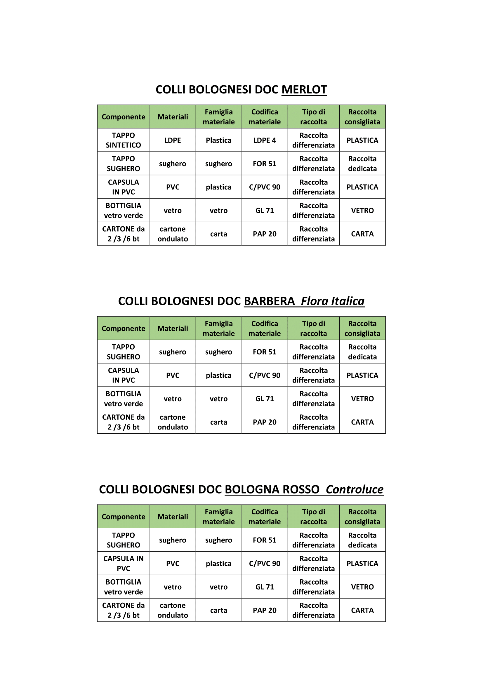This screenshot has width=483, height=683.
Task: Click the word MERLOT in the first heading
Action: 304,90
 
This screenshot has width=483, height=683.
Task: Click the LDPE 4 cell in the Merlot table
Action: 264,140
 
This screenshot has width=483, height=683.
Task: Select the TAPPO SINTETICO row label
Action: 124,140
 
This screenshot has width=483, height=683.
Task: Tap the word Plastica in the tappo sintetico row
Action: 219,140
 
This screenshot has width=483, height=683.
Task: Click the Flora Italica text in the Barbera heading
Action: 333,301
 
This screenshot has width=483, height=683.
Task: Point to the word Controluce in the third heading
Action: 355,489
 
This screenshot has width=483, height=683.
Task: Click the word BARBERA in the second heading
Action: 269,301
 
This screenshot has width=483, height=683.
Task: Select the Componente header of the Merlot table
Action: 124,117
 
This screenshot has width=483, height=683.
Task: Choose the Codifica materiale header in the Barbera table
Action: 264,329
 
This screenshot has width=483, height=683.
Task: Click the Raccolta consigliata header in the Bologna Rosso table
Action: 362,517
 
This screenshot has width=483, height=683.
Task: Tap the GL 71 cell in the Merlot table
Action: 264,210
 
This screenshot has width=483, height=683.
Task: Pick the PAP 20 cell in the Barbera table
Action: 264,422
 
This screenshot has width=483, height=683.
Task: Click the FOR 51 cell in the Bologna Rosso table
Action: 264,540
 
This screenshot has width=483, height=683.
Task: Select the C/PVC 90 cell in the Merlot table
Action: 264,187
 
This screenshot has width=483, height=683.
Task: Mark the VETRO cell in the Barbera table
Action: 362,399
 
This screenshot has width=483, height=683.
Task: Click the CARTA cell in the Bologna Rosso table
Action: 362,610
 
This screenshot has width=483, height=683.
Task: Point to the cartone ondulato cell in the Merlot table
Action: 173,234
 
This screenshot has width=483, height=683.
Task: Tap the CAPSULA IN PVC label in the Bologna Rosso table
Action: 124,563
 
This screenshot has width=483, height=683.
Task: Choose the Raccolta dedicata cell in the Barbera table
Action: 362,352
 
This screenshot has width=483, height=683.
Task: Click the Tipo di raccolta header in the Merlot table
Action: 313,117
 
